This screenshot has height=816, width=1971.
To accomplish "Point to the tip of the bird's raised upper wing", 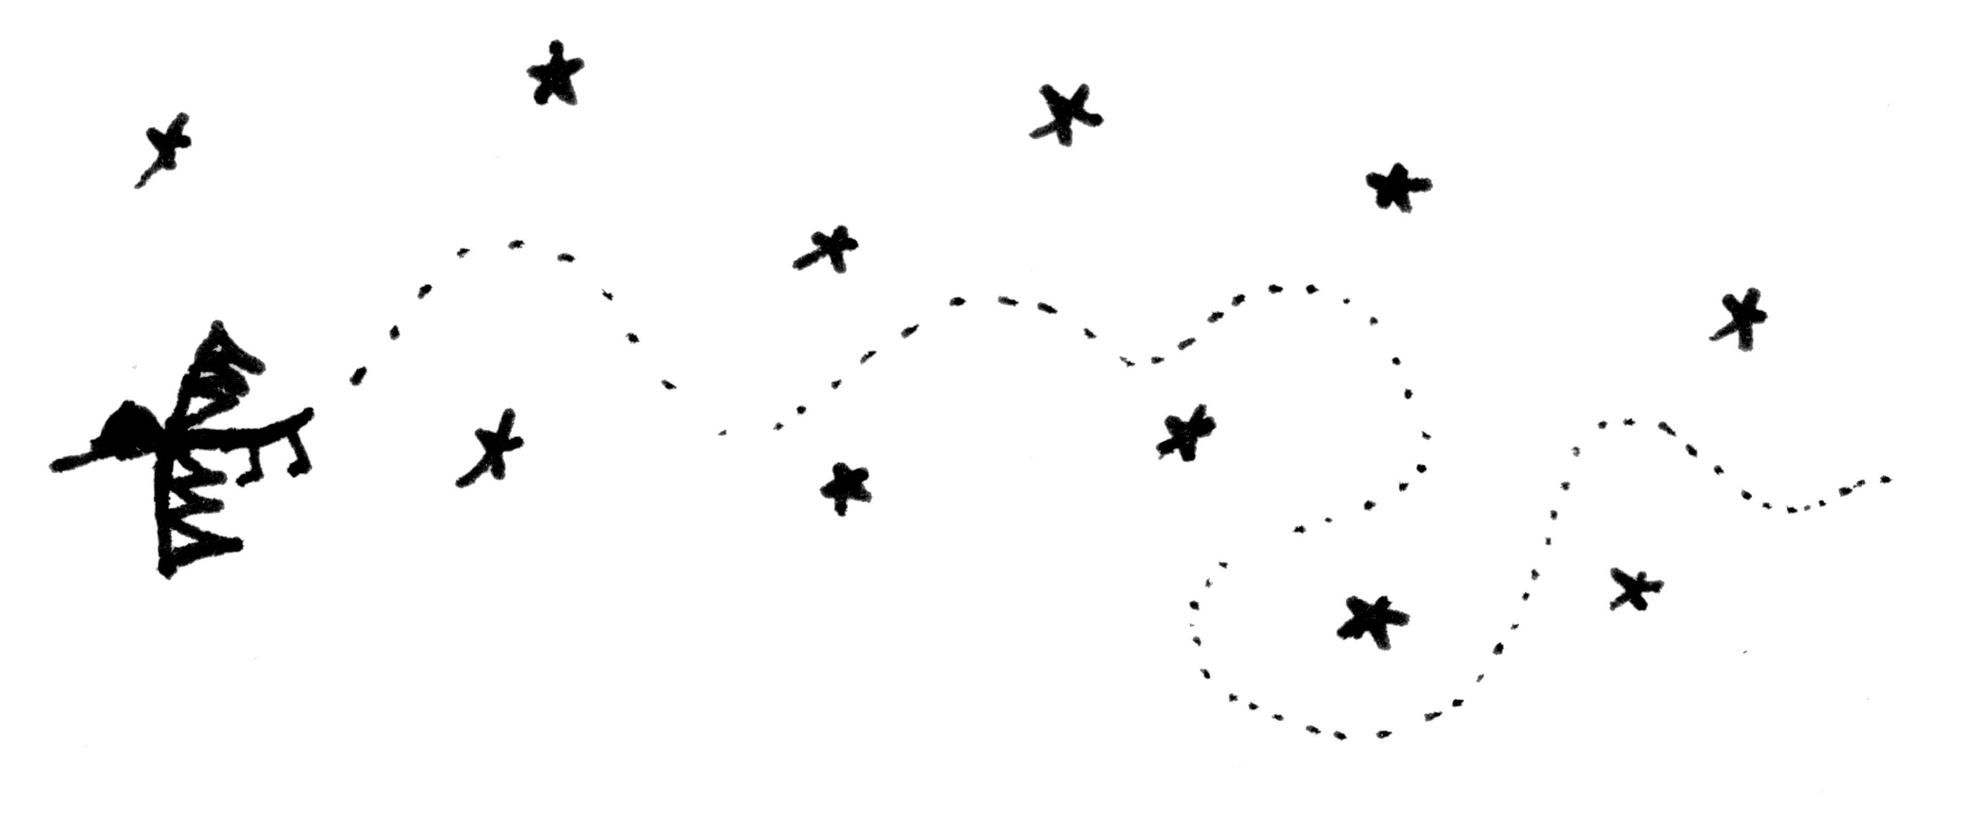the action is pyautogui.click(x=218, y=328).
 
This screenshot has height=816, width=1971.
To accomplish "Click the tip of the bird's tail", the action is pyautogui.click(x=308, y=414).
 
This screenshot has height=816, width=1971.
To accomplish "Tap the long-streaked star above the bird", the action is pyautogui.click(x=165, y=149).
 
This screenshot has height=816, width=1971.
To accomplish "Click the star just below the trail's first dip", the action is pyautogui.click(x=845, y=487).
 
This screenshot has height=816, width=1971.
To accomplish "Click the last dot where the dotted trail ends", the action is pyautogui.click(x=1887, y=480).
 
